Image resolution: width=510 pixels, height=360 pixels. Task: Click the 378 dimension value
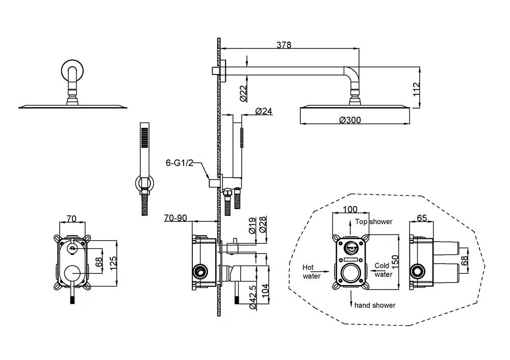coord(284,44)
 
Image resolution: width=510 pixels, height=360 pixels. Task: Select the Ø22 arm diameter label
coord(243,92)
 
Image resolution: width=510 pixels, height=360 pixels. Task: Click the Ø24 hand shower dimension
coord(263,111)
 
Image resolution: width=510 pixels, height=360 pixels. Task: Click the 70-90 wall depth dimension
coord(176,218)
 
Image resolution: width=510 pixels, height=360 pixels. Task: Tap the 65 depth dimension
coord(422,218)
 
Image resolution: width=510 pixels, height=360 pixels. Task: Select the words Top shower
coord(374,222)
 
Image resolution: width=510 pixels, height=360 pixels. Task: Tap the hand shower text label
coord(375,305)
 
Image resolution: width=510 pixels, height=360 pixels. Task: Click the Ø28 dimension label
coord(263,225)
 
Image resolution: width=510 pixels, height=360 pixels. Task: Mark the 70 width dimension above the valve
coord(71,219)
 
